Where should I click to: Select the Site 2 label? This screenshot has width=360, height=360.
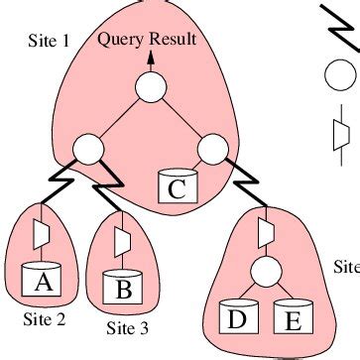tap(44, 319)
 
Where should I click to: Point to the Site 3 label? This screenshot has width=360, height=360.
tap(128, 327)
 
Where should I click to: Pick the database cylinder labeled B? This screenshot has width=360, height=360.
tap(124, 288)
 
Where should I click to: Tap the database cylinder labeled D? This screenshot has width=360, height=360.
tap(239, 318)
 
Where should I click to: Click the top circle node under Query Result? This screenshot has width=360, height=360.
tap(150, 88)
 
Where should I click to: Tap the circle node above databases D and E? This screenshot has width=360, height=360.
tap(265, 271)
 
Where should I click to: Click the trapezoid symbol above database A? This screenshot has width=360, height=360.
tap(42, 234)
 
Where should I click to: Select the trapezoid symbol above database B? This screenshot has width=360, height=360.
tap(123, 240)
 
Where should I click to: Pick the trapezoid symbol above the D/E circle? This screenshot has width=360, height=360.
tap(265, 230)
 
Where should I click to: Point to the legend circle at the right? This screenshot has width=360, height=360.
tap(338, 75)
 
